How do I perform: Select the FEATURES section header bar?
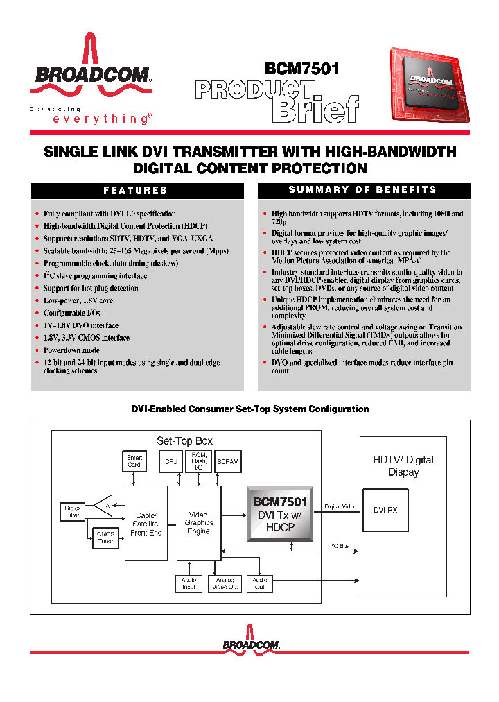pos(137,190)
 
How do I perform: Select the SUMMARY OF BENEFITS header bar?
pos(363,190)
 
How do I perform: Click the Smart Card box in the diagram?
pos(134,461)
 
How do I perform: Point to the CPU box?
pos(170,461)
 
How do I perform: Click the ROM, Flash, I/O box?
pos(199,461)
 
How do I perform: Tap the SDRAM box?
pos(228,461)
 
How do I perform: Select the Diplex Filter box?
pos(73,512)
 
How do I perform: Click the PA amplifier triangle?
pos(104,506)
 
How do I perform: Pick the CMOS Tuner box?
pos(105,536)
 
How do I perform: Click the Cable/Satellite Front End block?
pos(146,524)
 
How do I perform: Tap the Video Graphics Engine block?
pos(198,523)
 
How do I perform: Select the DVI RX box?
pos(385,510)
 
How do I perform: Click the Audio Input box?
pos(189,583)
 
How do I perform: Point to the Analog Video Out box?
pos(225,583)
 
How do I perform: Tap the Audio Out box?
pos(260,583)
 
